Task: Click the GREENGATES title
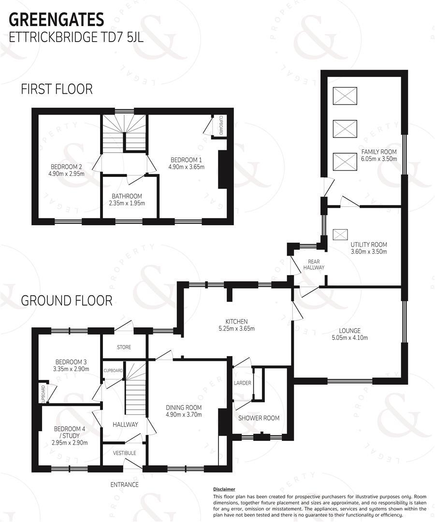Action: coord(57,19)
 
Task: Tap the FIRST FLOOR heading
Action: coord(56,89)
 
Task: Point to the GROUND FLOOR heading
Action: coord(66,301)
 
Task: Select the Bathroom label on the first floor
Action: coord(127,196)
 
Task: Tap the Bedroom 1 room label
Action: coord(186,160)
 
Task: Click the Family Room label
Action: coord(379,152)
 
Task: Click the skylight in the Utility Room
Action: coord(340,234)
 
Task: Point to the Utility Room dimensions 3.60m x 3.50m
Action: coord(369,252)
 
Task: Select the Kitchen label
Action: coord(236,321)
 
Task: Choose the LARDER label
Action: coord(243,383)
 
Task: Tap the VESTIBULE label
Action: coord(124,453)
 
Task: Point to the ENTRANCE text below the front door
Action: coord(124,484)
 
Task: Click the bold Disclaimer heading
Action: coord(224,489)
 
